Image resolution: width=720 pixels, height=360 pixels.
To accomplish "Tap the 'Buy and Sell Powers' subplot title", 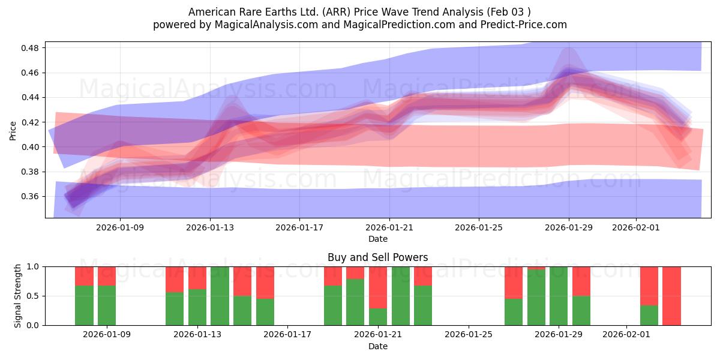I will (377, 257).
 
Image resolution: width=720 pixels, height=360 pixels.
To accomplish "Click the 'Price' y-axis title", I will (13, 130).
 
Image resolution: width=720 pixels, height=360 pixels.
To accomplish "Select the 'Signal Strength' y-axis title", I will (18, 296).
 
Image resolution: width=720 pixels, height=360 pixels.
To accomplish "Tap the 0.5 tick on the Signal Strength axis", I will (34, 296).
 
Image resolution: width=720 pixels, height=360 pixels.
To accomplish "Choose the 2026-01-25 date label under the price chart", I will (479, 228).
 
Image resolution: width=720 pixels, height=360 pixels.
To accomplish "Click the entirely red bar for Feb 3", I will (671, 296).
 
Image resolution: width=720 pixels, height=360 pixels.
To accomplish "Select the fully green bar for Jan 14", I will (220, 296).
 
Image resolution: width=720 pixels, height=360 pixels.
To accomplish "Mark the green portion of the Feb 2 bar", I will (649, 315).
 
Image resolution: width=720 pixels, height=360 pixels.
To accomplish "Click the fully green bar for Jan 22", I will (401, 296).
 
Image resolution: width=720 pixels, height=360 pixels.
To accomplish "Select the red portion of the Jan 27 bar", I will (514, 282).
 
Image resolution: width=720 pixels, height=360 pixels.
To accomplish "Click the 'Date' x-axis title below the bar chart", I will (377, 346).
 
